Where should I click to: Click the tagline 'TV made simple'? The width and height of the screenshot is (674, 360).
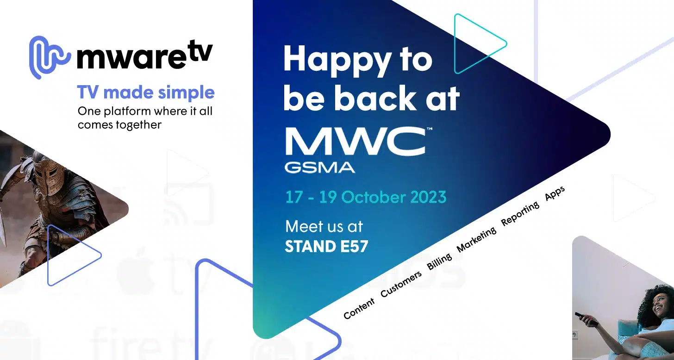tap(146, 93)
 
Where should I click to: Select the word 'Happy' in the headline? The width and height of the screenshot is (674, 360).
tap(331, 60)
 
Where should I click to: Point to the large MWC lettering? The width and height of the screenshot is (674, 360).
tap(355, 142)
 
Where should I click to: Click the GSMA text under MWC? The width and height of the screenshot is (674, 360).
tap(319, 167)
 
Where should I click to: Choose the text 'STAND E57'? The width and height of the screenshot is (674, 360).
tap(326, 246)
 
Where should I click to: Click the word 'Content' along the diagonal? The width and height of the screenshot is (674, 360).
tap(359, 309)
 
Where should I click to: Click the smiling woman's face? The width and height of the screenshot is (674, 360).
tap(659, 305)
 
